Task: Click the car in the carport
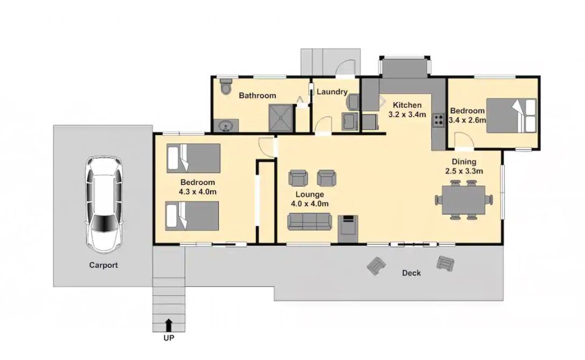pos(104,204)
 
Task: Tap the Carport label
pos(103,265)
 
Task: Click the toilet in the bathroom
pos(226,87)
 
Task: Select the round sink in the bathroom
pos(226,126)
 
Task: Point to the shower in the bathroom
pos(280,117)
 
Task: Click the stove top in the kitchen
pos(438,120)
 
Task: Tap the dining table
pos(464,200)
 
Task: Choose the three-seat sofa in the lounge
pos(309,221)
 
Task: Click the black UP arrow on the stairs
pos(169,325)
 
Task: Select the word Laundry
pos(332,92)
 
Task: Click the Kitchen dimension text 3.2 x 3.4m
pos(407,115)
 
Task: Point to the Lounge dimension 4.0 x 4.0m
pos(310,204)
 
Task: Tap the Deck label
pos(411,273)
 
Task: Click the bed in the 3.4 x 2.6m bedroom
pos(512,115)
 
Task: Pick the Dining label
pos(464,162)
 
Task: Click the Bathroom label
pos(257,95)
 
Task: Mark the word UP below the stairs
pos(169,338)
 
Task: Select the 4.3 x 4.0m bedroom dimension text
pos(198,192)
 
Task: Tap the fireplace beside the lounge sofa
pos(348,229)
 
